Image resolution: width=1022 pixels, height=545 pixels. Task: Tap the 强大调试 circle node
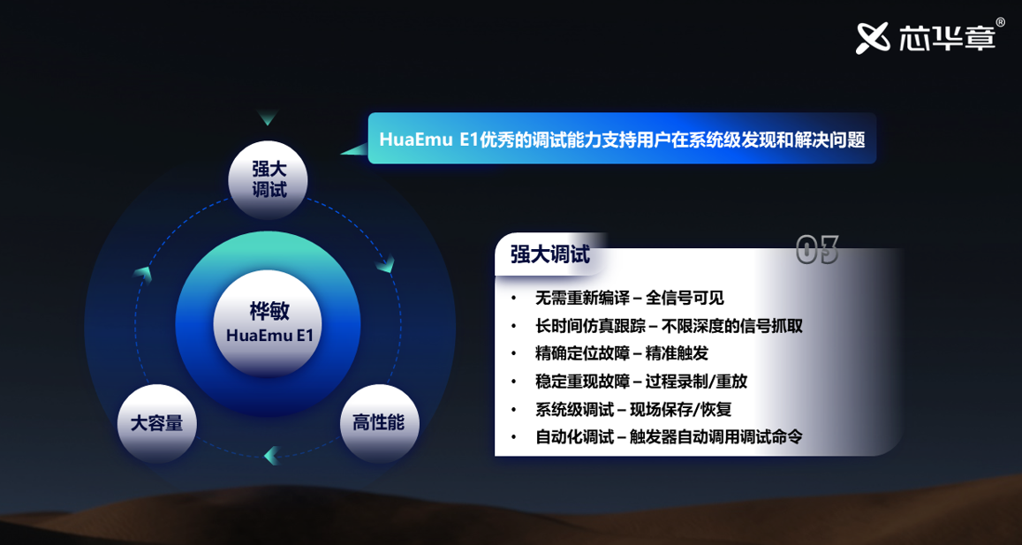point(269,179)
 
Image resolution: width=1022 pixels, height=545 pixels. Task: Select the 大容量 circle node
point(157,424)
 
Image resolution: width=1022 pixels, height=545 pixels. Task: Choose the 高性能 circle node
point(379,424)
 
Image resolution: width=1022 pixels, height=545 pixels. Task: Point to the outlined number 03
point(818,250)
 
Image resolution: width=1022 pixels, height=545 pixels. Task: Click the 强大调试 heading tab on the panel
point(551,254)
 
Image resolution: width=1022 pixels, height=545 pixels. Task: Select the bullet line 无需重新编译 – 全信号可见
point(629,299)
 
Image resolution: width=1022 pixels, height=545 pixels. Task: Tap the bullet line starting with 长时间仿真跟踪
point(668,326)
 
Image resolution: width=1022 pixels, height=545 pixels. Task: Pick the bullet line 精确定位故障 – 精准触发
point(621,354)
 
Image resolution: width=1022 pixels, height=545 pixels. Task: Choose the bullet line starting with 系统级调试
point(632,409)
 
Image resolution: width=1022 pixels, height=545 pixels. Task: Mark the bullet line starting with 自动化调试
point(668,437)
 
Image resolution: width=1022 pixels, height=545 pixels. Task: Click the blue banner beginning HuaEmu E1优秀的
point(622,138)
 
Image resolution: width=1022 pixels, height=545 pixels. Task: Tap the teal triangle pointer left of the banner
point(354,150)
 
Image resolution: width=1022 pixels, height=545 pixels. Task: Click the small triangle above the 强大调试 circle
point(268,117)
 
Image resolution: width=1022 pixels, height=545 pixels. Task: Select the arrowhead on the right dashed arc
point(386,263)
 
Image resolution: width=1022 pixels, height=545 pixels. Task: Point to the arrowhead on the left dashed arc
point(143,275)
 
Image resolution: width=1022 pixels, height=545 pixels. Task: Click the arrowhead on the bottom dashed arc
point(272,455)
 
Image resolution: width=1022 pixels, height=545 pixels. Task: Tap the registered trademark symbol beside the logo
point(1001,22)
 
